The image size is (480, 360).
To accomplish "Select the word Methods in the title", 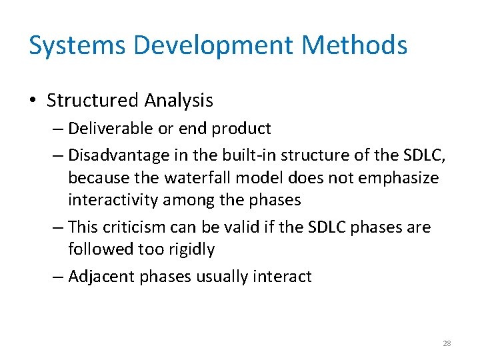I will [354, 45].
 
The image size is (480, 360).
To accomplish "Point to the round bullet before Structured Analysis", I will [33, 101].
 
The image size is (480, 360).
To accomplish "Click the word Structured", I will [92, 101].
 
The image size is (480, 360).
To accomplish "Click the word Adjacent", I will [101, 277].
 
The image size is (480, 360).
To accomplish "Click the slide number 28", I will [447, 343].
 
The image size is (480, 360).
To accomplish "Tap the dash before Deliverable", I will [57, 128].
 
